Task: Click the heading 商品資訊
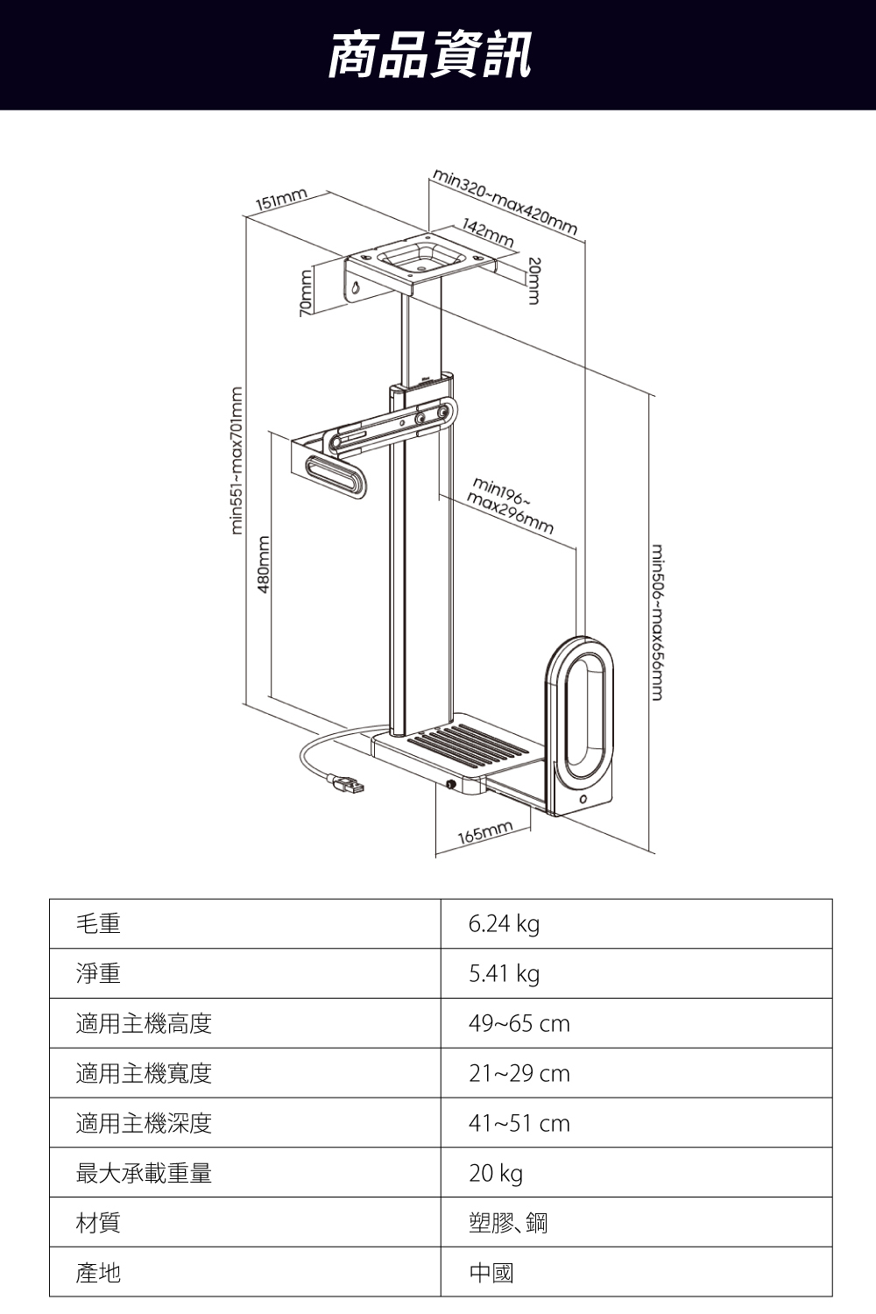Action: pos(429,54)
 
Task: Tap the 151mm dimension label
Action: pos(280,200)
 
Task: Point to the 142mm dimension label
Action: pos(489,233)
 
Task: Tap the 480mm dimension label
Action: pos(261,565)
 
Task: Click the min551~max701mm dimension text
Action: pos(236,459)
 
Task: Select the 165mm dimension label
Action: pos(484,832)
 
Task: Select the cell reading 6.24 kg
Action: pos(504,924)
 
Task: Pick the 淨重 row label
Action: pos(98,974)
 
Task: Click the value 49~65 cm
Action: pos(519,1023)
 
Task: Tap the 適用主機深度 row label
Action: pos(144,1123)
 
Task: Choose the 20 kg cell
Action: pos(495,1173)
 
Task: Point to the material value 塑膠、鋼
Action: pos(508,1223)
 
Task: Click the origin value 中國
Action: pos(491,1273)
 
